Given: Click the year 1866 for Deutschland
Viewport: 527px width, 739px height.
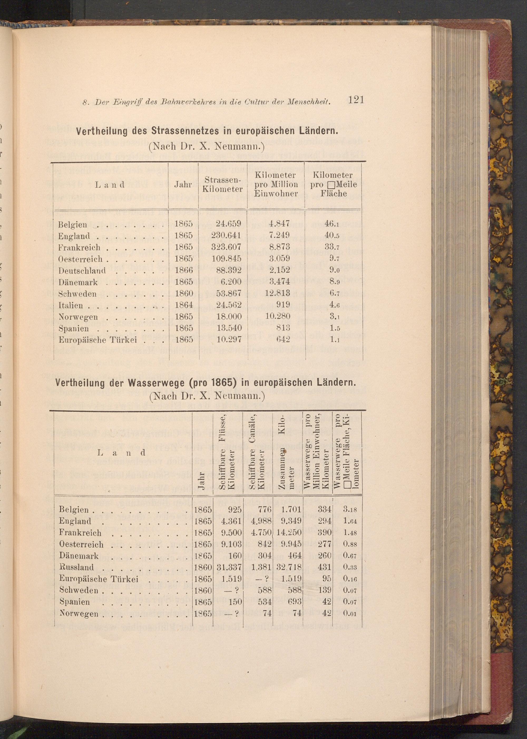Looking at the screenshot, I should point(184,270).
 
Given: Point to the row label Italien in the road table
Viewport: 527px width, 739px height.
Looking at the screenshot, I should point(70,306).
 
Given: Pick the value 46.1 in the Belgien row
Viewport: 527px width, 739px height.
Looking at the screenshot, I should point(332,224).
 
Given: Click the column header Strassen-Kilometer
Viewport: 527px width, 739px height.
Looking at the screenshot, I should point(223,185).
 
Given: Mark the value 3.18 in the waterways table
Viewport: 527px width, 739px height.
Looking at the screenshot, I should point(350,510).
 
